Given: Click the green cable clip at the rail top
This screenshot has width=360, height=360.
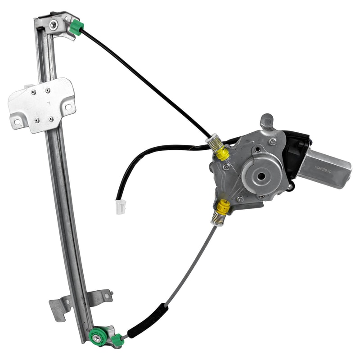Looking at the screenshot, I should tap(76, 28).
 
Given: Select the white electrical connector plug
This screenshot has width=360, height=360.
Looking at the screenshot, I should tap(120, 207).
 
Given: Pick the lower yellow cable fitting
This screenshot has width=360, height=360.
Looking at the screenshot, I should tap(223, 207).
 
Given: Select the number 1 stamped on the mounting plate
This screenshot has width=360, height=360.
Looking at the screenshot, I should tap(49, 103).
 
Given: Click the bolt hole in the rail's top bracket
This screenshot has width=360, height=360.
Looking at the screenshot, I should tap(53, 25).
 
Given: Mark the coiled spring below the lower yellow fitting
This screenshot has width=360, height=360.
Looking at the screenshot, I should tap(218, 220).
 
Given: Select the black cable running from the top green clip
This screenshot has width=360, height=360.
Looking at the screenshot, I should tap(144, 81).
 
